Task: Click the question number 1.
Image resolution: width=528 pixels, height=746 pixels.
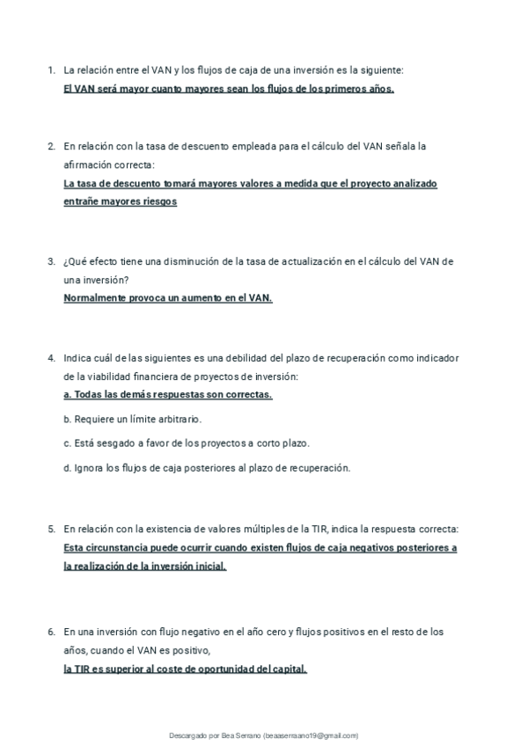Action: point(51,69)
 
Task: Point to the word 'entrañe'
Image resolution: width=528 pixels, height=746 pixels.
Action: point(83,201)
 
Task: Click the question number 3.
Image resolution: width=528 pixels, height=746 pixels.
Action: point(51,261)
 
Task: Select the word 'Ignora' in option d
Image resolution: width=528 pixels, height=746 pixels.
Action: point(90,467)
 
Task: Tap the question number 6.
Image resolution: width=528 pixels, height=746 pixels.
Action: point(51,632)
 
